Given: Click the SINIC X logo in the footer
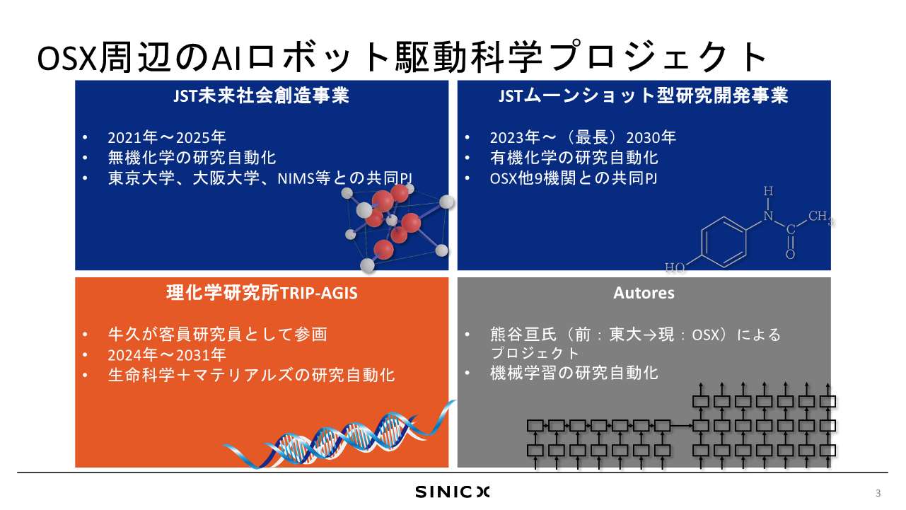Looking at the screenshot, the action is [452, 492].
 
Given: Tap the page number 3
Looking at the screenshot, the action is [878, 493].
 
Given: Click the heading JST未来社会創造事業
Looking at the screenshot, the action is [261, 96].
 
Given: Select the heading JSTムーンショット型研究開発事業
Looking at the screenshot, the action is [644, 96].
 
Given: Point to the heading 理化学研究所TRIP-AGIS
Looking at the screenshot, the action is [262, 293].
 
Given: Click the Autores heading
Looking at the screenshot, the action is [644, 293].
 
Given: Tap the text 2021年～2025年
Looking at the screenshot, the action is [167, 137].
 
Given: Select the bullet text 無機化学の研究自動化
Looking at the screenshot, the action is [192, 158].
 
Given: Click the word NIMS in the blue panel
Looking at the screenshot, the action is [296, 178].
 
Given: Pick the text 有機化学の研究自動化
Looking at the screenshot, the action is [574, 158].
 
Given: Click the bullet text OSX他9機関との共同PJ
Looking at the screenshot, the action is [574, 178].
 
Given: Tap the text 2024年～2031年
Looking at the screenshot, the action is [167, 355].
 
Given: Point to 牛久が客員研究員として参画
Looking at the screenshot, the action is [218, 335].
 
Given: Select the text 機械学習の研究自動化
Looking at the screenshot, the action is [574, 373].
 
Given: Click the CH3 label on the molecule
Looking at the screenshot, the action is [821, 217].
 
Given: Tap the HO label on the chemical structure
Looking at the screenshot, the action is [675, 267].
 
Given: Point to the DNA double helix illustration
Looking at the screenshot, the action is [339, 435].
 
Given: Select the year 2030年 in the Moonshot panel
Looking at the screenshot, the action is [651, 137].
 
